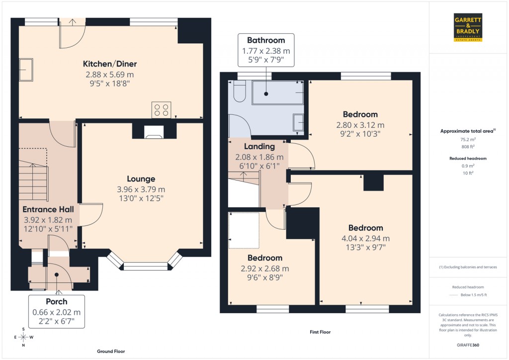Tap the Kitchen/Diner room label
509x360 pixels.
click(110, 64)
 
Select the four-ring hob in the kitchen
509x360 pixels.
click(162, 109)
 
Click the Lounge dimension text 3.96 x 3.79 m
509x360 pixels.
click(141, 189)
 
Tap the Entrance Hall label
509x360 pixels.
click(48, 210)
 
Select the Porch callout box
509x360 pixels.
click(56, 311)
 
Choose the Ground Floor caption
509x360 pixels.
click(111, 351)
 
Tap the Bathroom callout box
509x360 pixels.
click(266, 50)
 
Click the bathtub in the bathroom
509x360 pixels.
click(278, 93)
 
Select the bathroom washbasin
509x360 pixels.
click(298, 122)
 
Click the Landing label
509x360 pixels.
click(259, 147)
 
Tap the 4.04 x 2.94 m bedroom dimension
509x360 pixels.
click(365, 238)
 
